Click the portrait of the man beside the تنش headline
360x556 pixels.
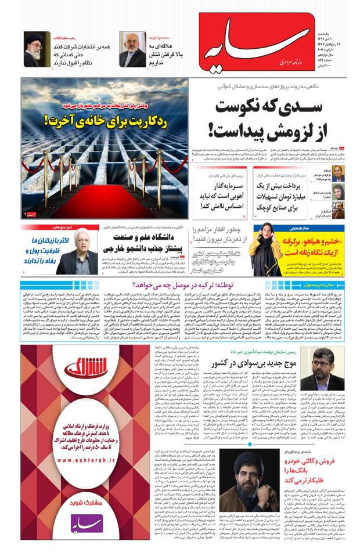(133, 49)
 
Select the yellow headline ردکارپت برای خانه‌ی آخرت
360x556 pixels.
(105, 121)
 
